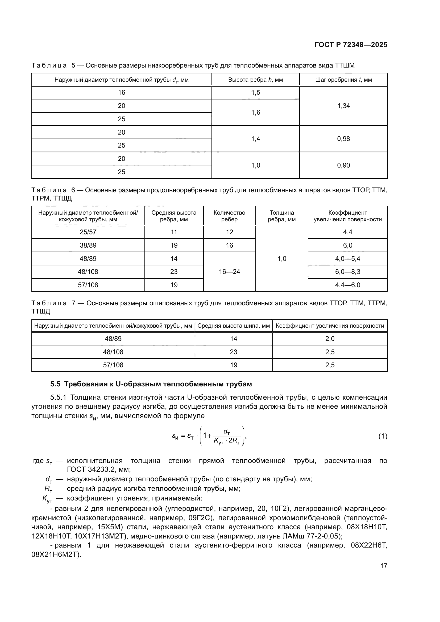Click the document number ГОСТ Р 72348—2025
tap(351, 45)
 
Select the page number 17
tap(384, 566)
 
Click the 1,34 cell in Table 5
tap(343, 106)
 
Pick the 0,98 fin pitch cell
tap(343, 139)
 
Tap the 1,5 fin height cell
tap(255, 93)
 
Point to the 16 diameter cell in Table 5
tap(121, 93)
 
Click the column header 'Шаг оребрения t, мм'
tap(343, 80)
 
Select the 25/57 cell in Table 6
tap(88, 232)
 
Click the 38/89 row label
tap(88, 245)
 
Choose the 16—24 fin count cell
tap(229, 272)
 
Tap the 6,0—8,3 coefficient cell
tap(348, 272)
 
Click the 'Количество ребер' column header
tap(229, 216)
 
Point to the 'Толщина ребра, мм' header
tap(281, 216)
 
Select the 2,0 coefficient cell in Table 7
tap(330, 339)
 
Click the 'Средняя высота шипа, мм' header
tap(233, 326)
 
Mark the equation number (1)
tap(383, 436)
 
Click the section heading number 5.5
tap(56, 384)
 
